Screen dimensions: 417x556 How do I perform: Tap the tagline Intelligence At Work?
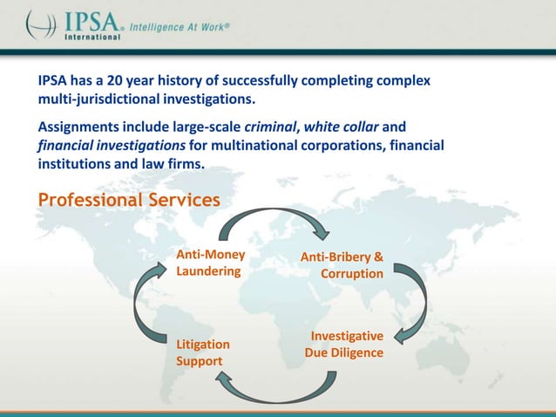[180, 27]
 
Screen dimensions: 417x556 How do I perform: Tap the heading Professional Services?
[128, 200]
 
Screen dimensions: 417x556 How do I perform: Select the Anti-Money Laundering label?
[210, 263]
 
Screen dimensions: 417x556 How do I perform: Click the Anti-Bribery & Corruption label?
[342, 265]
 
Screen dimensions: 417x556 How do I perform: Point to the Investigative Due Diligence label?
[344, 345]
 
